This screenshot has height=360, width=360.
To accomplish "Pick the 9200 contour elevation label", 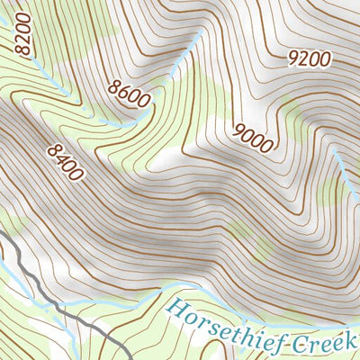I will click(x=309, y=59).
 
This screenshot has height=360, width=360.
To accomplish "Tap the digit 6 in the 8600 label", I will click(x=123, y=91).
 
